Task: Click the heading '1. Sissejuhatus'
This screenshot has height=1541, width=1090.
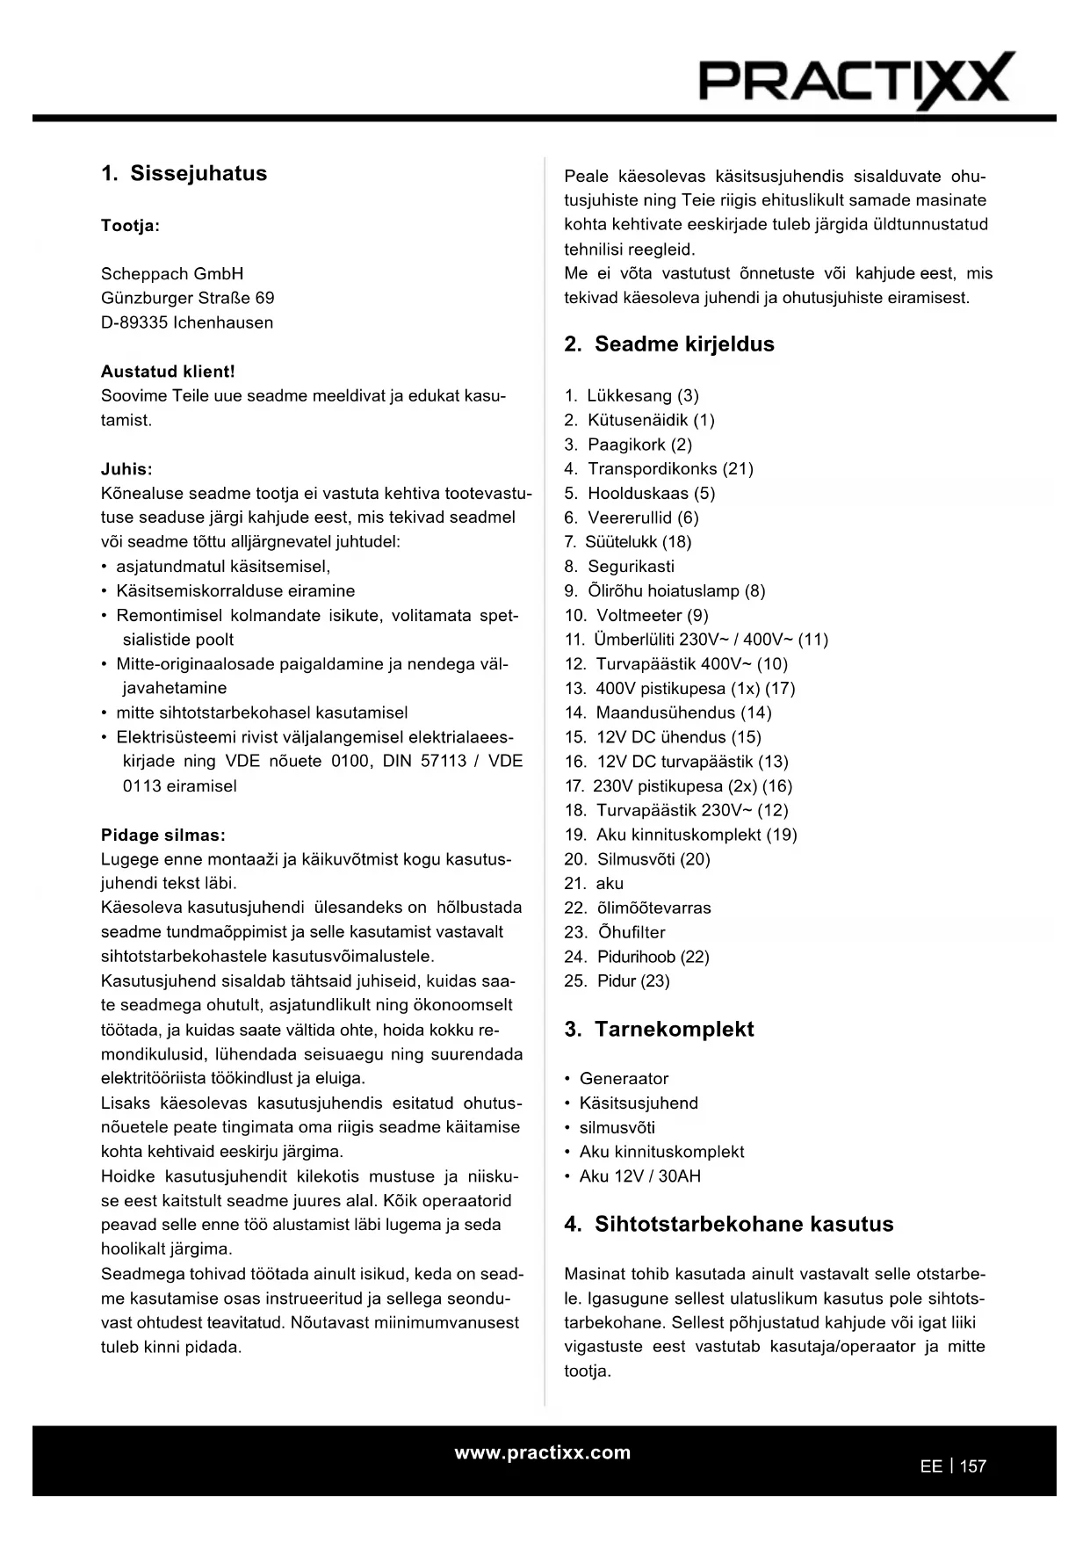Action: click(x=184, y=173)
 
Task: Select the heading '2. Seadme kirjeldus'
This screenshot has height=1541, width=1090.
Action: click(x=669, y=344)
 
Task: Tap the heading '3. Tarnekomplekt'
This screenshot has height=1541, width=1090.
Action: click(x=659, y=1029)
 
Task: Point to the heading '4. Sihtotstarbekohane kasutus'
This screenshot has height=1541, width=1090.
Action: click(x=728, y=1224)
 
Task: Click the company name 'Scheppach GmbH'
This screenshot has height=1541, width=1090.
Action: click(x=172, y=273)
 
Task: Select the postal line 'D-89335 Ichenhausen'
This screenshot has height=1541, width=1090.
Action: click(x=187, y=322)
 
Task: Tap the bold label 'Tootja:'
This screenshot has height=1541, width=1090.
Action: click(x=130, y=226)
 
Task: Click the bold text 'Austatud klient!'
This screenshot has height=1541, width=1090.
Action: click(x=168, y=372)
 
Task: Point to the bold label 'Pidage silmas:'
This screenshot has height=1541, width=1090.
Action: click(x=163, y=835)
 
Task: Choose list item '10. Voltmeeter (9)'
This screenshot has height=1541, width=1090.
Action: click(x=636, y=615)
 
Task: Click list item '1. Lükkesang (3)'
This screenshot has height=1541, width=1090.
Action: click(x=632, y=395)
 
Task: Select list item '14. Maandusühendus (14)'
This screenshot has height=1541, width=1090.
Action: click(x=668, y=713)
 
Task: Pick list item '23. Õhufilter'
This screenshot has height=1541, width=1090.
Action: click(x=615, y=932)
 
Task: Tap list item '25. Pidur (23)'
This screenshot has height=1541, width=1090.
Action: click(x=617, y=980)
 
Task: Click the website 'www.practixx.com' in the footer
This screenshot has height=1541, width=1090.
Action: click(x=542, y=1452)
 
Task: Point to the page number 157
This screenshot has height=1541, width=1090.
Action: click(x=973, y=1466)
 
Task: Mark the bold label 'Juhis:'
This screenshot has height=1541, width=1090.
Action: click(x=126, y=469)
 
